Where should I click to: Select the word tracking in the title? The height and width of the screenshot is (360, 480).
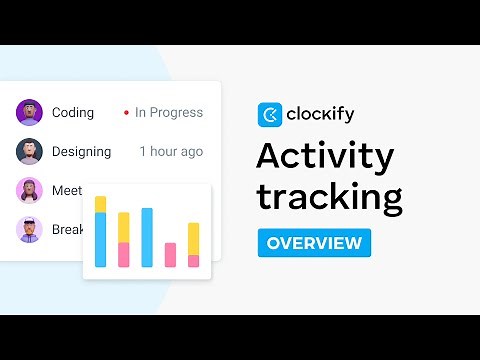tap(330, 196)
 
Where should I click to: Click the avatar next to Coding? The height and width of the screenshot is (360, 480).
tap(29, 112)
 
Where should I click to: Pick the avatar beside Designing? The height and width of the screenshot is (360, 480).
tap(29, 151)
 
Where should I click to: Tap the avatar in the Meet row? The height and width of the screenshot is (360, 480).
tap(29, 190)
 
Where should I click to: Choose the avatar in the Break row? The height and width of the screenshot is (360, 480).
tap(29, 229)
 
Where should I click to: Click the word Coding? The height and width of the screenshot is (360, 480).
tap(73, 112)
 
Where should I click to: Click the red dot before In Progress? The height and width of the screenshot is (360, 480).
tap(126, 113)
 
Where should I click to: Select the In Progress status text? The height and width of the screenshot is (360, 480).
tap(169, 112)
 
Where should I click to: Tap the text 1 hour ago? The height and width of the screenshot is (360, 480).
tap(171, 151)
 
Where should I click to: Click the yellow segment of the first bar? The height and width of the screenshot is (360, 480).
tap(100, 204)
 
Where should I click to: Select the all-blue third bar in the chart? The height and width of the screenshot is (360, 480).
tap(147, 237)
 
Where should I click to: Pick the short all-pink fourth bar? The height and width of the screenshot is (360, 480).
tap(170, 255)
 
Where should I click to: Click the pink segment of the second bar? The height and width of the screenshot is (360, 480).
tap(124, 254)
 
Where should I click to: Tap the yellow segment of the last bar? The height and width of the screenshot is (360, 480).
tap(194, 238)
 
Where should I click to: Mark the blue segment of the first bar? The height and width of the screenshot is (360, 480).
tap(100, 239)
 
